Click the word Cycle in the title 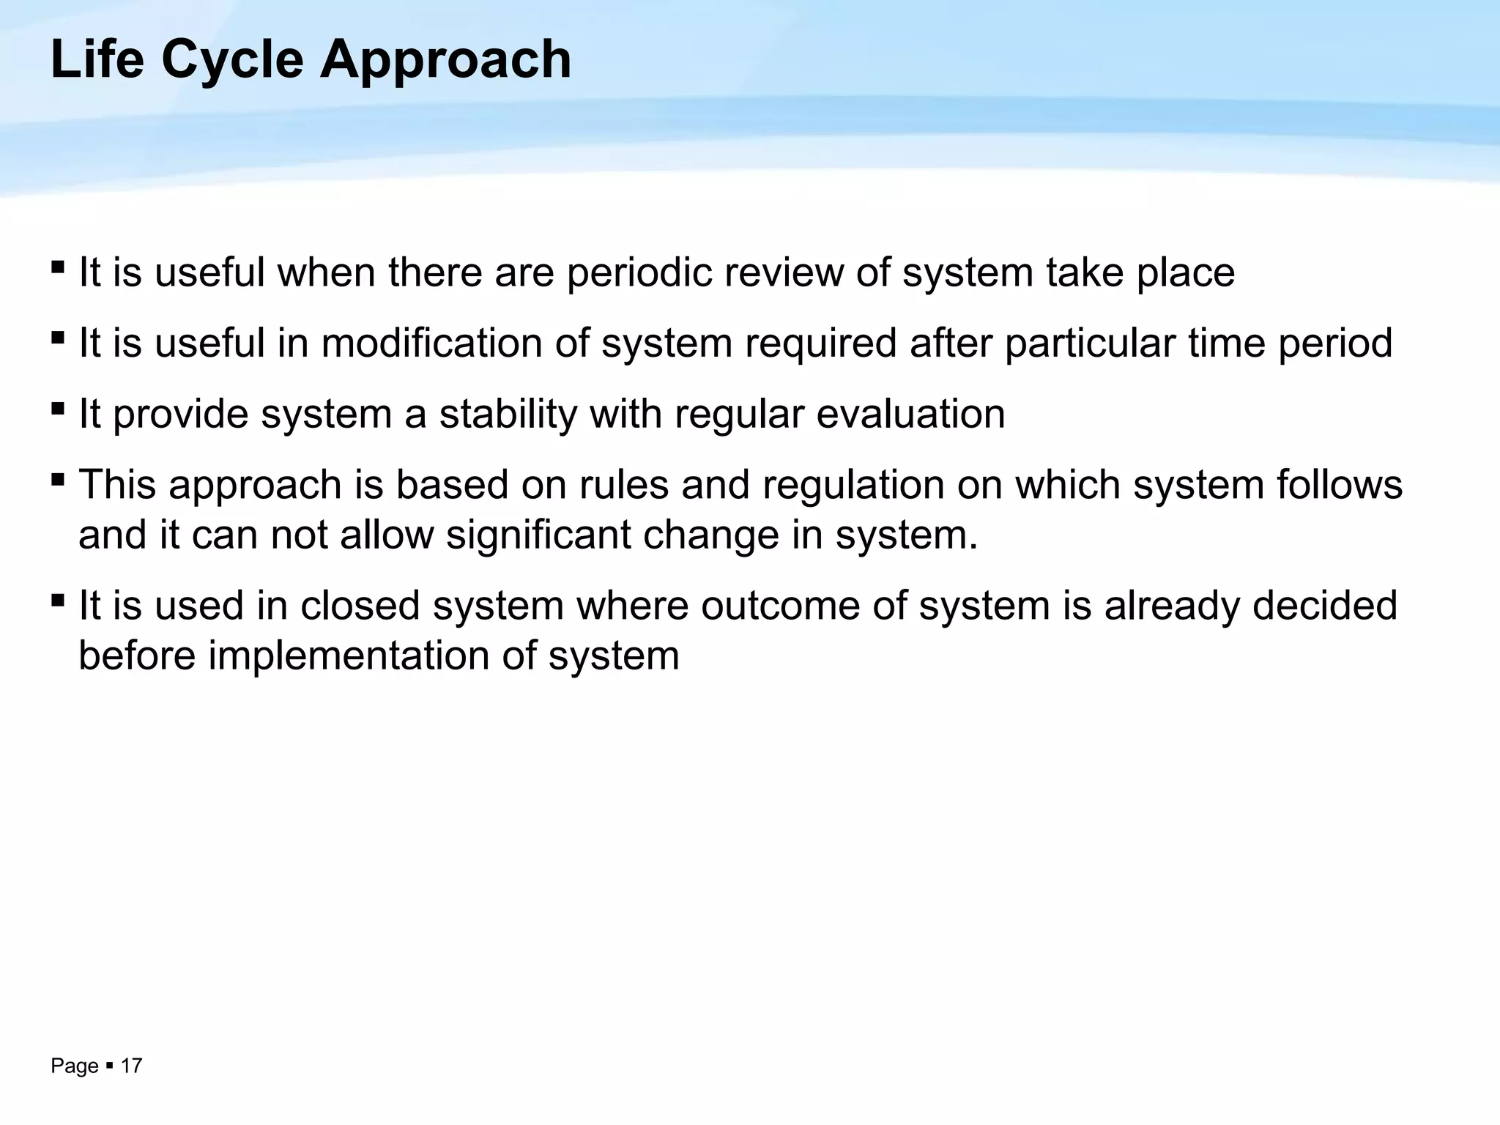tap(232, 60)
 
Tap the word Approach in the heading tap(445, 60)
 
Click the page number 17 tap(131, 1066)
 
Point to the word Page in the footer tap(75, 1066)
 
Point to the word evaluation tap(910, 414)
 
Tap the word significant tap(538, 535)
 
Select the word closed tap(360, 606)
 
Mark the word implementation tap(349, 656)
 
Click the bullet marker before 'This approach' tap(58, 480)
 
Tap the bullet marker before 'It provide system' tap(58, 409)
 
